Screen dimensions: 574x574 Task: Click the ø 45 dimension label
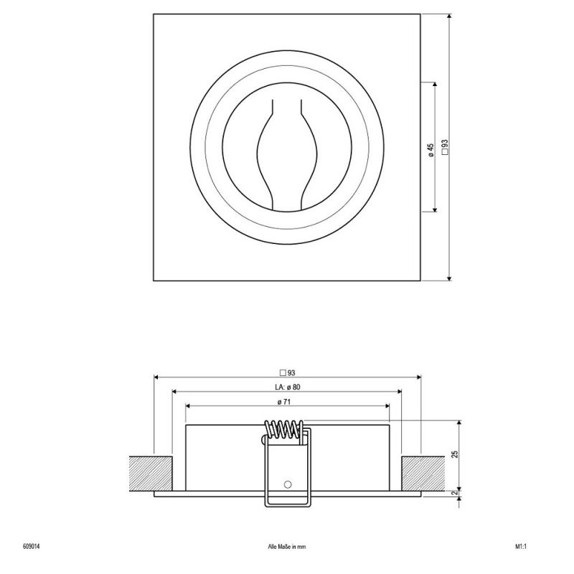431,150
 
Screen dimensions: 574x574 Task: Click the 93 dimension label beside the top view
445,147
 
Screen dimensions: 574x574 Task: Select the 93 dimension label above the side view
288,373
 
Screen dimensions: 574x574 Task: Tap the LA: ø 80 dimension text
288,387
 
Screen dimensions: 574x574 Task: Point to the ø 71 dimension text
284,402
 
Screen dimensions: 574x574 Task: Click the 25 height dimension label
455,454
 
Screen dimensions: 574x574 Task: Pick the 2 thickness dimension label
455,493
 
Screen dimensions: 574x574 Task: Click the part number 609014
32,547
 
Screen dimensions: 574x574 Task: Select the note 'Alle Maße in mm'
287,547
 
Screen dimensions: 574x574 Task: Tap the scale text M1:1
521,547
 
